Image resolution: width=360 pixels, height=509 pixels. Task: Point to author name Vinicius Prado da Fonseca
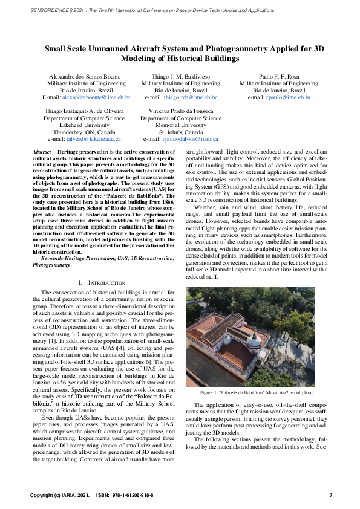[x=181, y=112]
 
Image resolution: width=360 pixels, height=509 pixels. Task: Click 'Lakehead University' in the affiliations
[x=84, y=125]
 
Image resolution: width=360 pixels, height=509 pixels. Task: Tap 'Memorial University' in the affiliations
[x=181, y=125]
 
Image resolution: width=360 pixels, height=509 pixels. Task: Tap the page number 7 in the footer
[x=330, y=495]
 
